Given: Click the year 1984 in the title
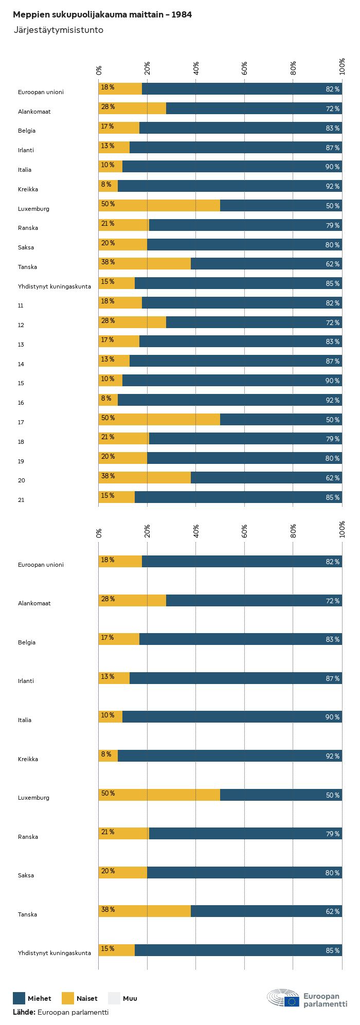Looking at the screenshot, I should coord(182,15).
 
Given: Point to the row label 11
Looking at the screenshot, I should coord(21,305).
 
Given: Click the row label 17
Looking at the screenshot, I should coord(21,422).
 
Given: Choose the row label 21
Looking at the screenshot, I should coord(21,500).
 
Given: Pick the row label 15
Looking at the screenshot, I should coord(21,383).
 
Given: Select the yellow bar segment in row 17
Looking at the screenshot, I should coord(159,420).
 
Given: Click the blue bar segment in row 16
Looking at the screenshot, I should coord(230,400).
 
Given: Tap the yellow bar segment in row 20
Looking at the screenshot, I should coord(145,478).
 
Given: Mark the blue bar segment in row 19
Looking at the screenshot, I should coord(244,458).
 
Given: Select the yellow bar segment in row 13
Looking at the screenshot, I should coord(119,341).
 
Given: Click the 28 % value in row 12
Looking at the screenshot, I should coord(108,321).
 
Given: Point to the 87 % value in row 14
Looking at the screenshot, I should coord(332,362).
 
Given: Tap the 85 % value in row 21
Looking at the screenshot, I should coord(332,497).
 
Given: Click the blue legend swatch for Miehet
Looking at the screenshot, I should coord(19,998).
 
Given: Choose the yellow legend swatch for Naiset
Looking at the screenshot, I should coord(68,998).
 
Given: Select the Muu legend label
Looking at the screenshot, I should coord(130,999).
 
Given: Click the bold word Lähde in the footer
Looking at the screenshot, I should coord(24,1012).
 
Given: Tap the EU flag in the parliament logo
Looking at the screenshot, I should coord(292,1001).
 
